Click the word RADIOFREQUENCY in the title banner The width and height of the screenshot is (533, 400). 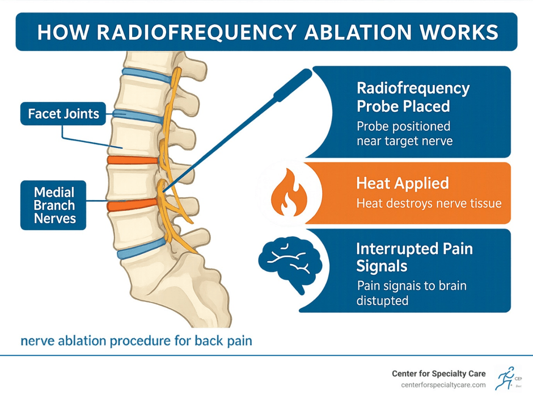(x=197, y=32)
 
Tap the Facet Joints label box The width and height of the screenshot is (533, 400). (x=64, y=113)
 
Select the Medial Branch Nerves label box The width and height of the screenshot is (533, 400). (x=53, y=205)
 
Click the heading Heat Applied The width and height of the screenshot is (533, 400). (x=403, y=183)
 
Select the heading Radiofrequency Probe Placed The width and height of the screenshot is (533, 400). (x=413, y=97)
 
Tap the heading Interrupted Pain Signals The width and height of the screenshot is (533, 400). (x=414, y=257)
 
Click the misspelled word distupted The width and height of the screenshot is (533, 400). (x=382, y=300)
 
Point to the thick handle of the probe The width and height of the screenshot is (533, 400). (x=293, y=85)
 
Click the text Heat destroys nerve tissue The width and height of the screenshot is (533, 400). (x=429, y=203)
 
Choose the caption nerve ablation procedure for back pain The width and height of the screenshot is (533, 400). (x=136, y=341)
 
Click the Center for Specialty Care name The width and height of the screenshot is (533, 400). (x=438, y=373)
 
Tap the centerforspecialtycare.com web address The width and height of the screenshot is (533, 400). (x=443, y=385)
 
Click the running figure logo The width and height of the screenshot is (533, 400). (x=505, y=378)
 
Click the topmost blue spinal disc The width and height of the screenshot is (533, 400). (x=147, y=76)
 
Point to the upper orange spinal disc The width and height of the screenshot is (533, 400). (x=133, y=160)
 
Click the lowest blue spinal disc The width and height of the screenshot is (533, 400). (x=142, y=249)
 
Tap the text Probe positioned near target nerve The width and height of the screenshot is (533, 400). (x=404, y=133)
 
